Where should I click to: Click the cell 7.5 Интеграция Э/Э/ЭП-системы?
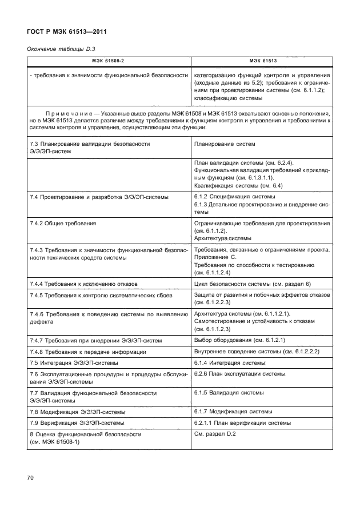pos(74,363)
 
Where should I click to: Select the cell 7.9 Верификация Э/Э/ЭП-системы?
pos(77,423)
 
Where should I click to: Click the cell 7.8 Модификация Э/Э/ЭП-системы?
pos(78,411)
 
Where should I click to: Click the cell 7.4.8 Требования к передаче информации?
pos(84,352)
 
